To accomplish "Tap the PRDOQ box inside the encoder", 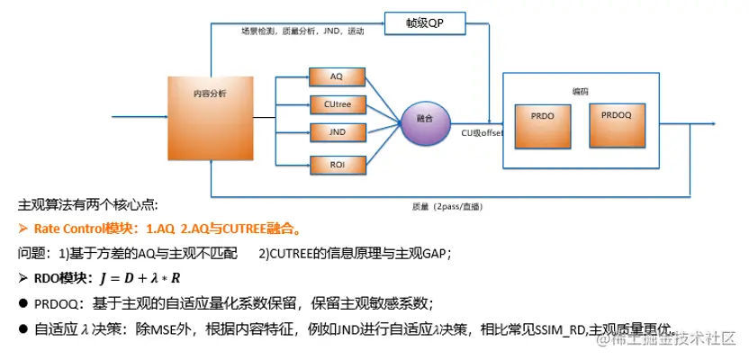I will (x=618, y=124).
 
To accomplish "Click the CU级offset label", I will (x=482, y=133).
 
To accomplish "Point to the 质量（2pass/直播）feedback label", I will (x=447, y=206).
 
